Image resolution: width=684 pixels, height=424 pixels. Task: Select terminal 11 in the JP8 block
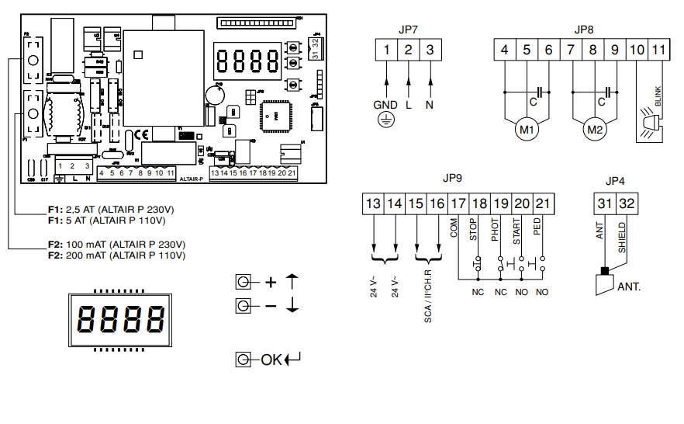click(658, 50)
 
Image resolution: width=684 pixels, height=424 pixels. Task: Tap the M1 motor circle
click(527, 130)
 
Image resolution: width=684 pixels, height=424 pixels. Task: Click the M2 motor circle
click(594, 130)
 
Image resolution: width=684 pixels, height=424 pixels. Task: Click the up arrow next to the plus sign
click(292, 282)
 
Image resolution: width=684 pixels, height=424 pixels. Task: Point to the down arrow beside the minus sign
click(292, 305)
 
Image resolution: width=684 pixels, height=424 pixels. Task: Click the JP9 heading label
click(451, 178)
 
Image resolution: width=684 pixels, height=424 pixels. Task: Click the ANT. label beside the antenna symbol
click(629, 286)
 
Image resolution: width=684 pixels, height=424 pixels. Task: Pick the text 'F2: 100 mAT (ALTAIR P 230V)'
click(116, 244)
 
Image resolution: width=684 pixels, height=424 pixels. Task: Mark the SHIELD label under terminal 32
click(623, 237)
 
